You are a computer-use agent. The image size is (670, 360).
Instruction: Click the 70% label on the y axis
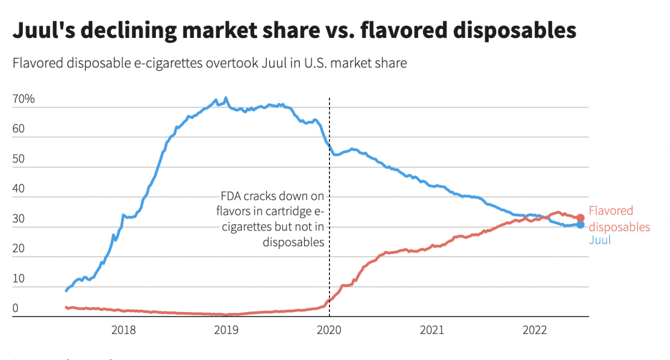tap(23, 99)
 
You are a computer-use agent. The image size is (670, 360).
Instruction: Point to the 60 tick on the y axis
tap(18, 129)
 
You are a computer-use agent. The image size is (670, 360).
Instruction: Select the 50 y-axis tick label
tap(18, 159)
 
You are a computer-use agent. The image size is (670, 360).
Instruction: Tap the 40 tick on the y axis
tap(18, 189)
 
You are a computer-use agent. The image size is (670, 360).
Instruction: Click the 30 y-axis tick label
tap(18, 219)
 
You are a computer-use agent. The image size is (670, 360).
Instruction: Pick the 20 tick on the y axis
tap(18, 249)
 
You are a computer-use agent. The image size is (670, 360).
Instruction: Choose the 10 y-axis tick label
tap(18, 279)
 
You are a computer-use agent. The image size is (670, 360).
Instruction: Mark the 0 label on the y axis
tap(16, 308)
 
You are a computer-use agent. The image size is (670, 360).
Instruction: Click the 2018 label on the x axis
tap(123, 330)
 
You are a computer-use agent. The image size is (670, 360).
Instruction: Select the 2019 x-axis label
tap(226, 330)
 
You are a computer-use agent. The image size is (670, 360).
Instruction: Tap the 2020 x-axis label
tap(329, 330)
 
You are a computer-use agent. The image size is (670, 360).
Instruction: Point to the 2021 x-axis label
tap(432, 330)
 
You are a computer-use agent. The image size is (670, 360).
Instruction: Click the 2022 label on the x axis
tap(534, 330)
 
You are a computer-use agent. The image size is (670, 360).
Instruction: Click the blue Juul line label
tap(600, 240)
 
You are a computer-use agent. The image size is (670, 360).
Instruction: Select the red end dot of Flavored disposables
tap(580, 218)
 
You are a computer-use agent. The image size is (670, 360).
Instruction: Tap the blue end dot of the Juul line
tap(580, 224)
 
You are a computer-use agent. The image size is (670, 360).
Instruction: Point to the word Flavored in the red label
tap(611, 210)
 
